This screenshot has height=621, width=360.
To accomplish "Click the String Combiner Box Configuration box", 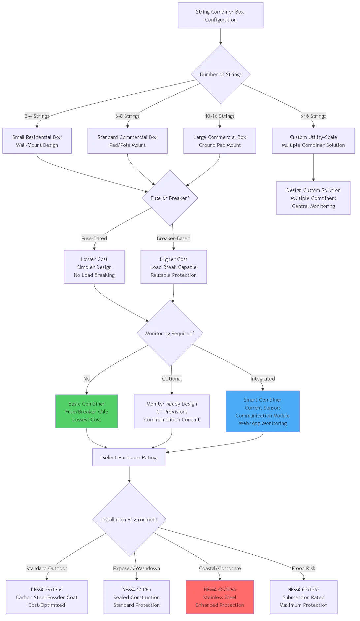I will pyautogui.click(x=220, y=16).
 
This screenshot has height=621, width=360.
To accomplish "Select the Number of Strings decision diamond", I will pyautogui.click(x=220, y=74).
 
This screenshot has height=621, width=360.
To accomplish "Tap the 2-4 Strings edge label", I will pyautogui.click(x=37, y=116).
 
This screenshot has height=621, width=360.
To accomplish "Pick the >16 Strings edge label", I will pyautogui.click(x=313, y=116).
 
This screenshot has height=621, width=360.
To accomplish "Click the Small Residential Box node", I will pyautogui.click(x=37, y=141).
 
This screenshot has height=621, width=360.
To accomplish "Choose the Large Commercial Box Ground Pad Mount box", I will pyautogui.click(x=220, y=141).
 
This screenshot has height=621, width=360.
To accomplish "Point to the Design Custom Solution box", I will pyautogui.click(x=313, y=198).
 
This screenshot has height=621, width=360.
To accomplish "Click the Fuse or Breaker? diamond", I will pyautogui.click(x=170, y=198).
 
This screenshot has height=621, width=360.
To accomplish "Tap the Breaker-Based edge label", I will pyautogui.click(x=174, y=238).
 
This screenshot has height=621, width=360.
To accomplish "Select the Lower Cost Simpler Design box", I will pyautogui.click(x=94, y=267).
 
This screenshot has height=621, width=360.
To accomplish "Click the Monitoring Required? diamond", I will pyautogui.click(x=170, y=333).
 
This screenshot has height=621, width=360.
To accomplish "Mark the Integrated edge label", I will pyautogui.click(x=263, y=378).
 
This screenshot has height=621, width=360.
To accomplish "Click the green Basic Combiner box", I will pyautogui.click(x=87, y=411).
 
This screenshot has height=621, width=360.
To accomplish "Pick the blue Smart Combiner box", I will pyautogui.click(x=263, y=411).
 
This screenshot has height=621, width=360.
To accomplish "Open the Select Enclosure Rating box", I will pyautogui.click(x=129, y=457).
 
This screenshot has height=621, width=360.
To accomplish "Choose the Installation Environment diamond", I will pyautogui.click(x=129, y=519).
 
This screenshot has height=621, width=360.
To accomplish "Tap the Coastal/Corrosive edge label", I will pyautogui.click(x=220, y=568).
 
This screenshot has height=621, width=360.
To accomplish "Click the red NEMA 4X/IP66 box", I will pyautogui.click(x=220, y=597).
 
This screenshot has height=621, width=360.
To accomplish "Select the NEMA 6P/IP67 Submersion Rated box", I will pyautogui.click(x=304, y=597).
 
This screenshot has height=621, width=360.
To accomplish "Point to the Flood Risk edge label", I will pyautogui.click(x=304, y=568).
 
